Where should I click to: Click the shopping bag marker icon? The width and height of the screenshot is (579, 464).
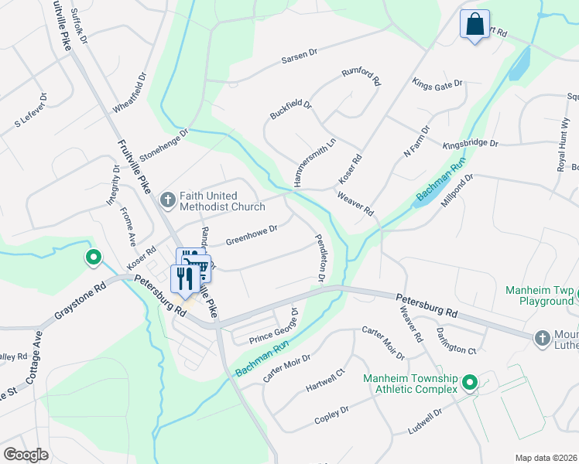tap(475, 23)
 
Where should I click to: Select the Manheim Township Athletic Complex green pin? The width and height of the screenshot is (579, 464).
tap(469, 382)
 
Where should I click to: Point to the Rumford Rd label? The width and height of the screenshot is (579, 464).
tap(361, 75)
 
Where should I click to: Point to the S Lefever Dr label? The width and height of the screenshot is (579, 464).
tap(31, 111)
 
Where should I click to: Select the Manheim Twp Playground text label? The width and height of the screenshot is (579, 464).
tap(540, 295)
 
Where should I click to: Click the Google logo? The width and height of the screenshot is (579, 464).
tap(26, 455)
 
